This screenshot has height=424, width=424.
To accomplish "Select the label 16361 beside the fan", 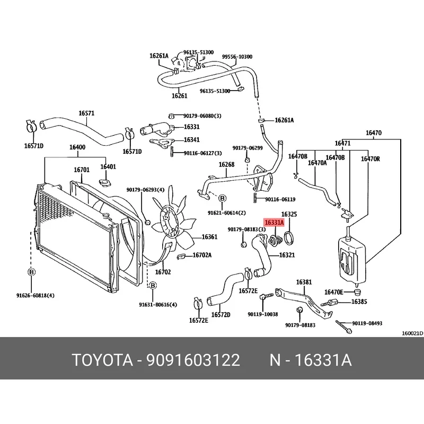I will click(209, 237).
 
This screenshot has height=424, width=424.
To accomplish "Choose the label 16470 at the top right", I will click(374, 133).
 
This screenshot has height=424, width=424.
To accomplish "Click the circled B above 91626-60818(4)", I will click(31, 272).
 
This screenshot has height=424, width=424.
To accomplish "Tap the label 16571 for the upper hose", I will click(86, 113).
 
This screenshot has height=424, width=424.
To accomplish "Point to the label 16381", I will click(304, 282).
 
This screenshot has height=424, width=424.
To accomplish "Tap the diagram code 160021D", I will click(412, 333).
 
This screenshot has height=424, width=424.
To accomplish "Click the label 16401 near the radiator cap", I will click(108, 166).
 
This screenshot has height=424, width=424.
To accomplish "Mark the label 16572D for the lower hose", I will click(221, 314).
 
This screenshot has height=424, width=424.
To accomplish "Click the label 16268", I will click(226, 165).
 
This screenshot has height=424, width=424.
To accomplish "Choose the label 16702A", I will click(201, 255).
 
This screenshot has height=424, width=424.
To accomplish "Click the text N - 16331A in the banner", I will click(310, 361).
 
